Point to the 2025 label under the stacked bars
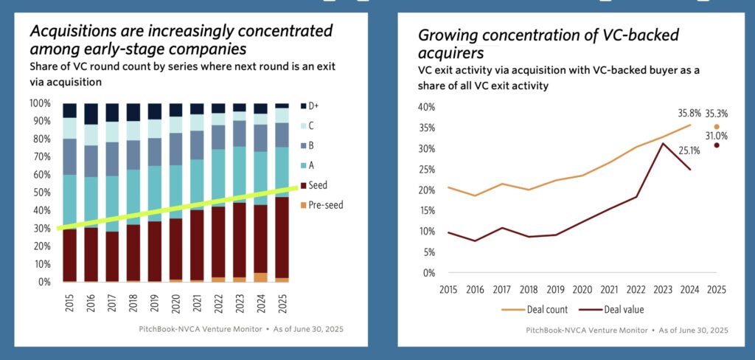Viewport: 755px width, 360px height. click(x=282, y=303)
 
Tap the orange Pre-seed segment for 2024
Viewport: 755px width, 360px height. click(x=261, y=277)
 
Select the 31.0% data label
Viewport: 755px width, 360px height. click(x=716, y=136)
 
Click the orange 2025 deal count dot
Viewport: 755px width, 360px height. click(x=716, y=127)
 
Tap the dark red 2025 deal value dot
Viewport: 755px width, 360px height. click(x=716, y=145)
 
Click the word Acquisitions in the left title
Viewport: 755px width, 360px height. click(x=74, y=32)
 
